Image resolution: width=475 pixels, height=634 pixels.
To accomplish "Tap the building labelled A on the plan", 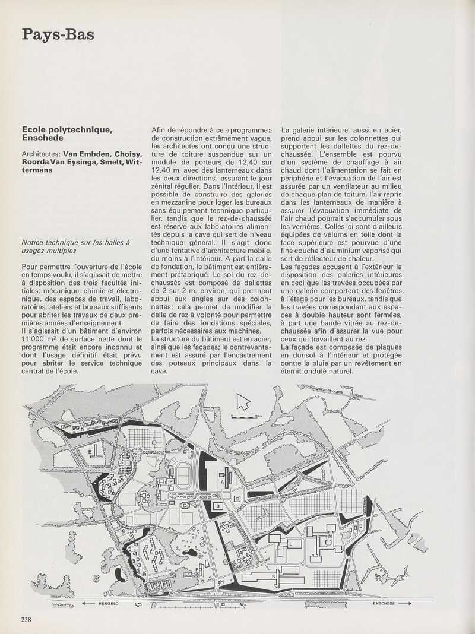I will pyautogui.click(x=222, y=483).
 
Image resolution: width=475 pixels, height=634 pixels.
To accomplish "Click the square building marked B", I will pyautogui.click(x=217, y=506).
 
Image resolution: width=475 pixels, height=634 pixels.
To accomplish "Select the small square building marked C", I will pyautogui.click(x=237, y=499).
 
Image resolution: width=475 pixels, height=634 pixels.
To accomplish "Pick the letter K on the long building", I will pyautogui.click(x=273, y=576).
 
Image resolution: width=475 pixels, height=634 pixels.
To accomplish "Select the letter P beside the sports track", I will pyautogui.click(x=170, y=481).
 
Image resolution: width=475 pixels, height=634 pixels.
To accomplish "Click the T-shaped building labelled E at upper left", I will pyautogui.click(x=96, y=454).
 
